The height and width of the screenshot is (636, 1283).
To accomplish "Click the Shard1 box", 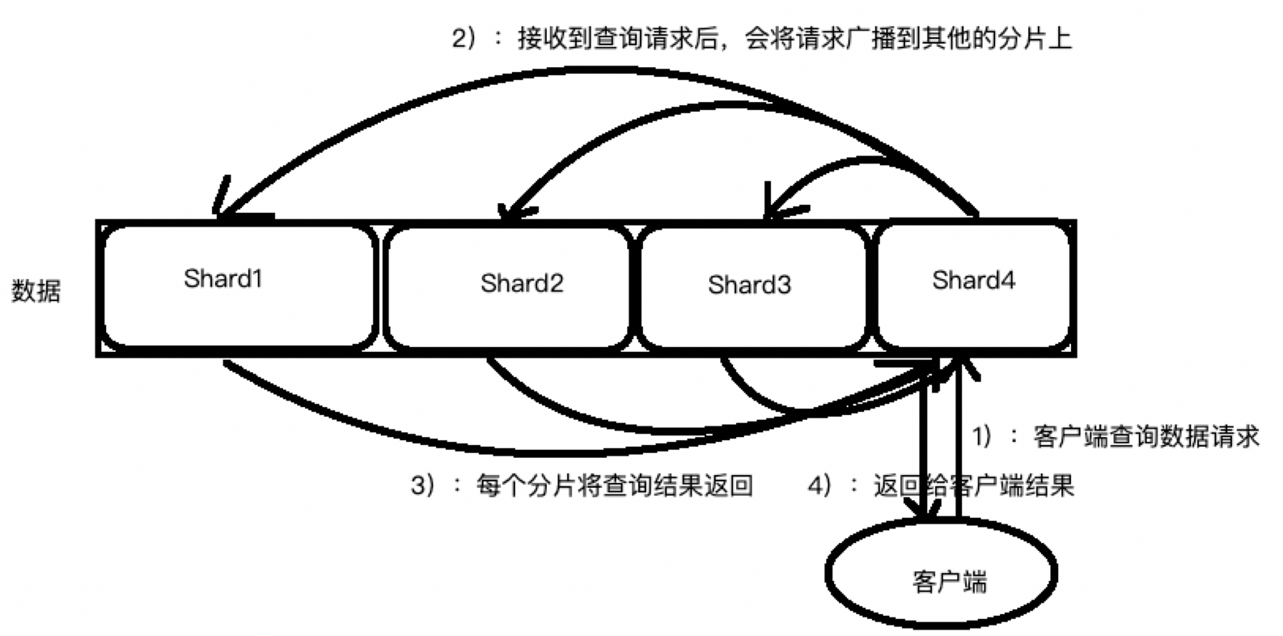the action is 239,286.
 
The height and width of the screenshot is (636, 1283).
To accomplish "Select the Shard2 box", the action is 507,287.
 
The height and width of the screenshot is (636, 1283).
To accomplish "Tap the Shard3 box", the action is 752,287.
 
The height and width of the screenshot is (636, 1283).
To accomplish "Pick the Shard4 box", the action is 974,286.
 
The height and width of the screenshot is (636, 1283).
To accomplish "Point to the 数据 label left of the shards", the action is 36,291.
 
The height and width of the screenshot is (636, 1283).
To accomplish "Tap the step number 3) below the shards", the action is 423,485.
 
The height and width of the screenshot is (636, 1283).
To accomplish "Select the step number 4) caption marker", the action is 819,485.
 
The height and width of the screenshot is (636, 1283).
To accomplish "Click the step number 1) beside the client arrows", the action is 983,437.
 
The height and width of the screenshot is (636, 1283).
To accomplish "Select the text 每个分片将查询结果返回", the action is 614,485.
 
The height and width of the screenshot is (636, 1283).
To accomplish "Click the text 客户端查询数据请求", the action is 1146,437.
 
